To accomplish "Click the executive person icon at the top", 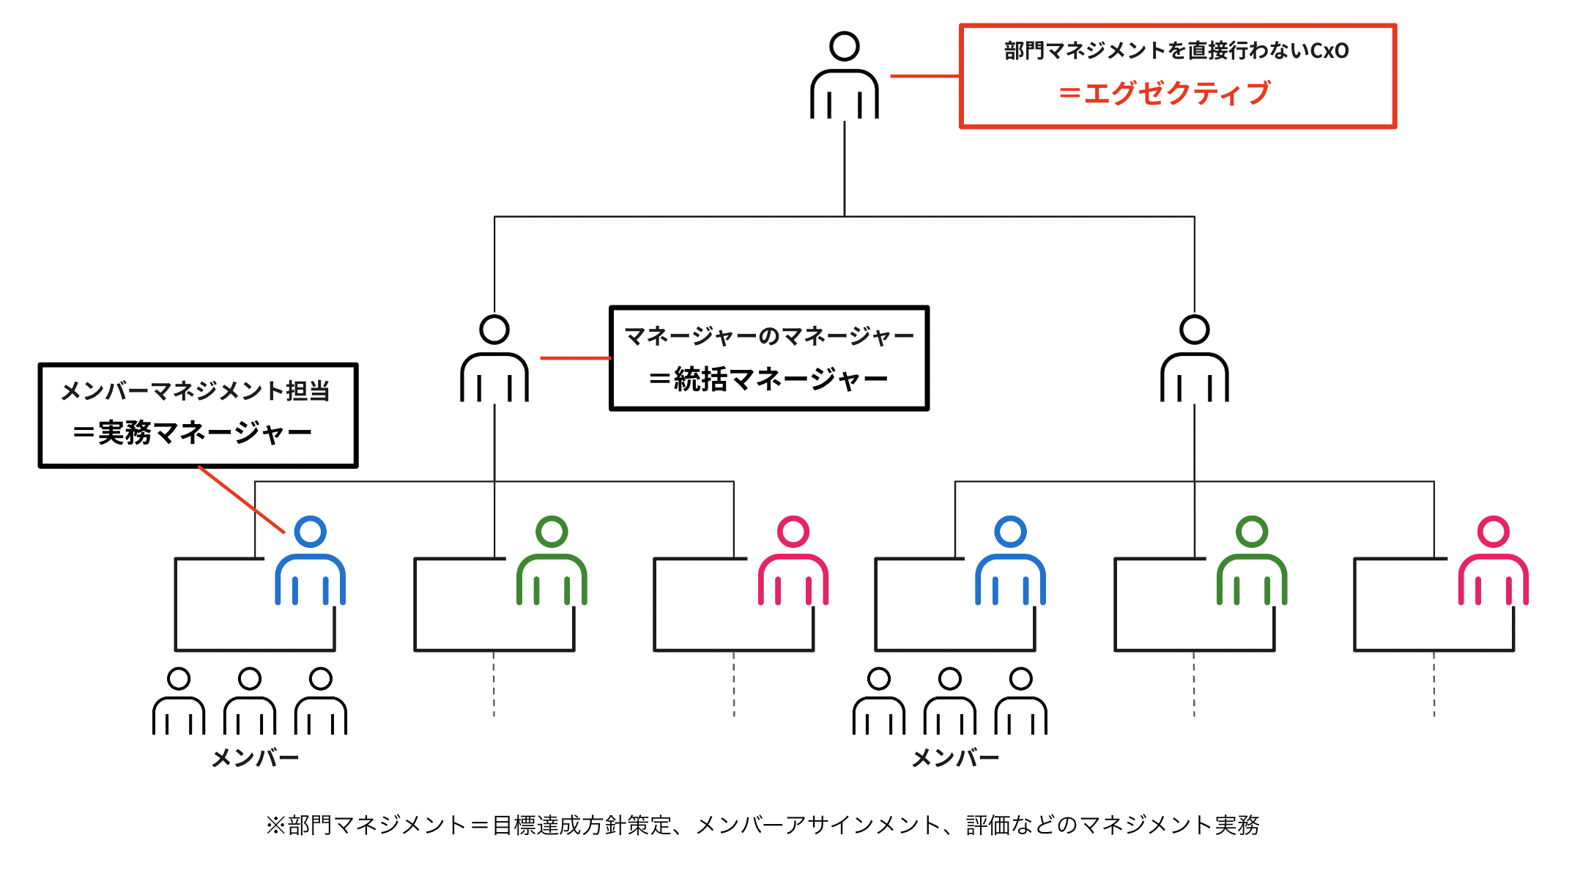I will tap(844, 77).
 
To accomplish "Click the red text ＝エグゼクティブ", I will tap(1165, 94).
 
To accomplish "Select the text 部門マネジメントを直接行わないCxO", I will tap(1176, 51).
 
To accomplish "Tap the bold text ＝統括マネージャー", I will tap(768, 379).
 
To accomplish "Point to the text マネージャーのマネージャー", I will tap(768, 336).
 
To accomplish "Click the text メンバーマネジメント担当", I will tap(196, 391).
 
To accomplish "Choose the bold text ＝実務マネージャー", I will tap(193, 433).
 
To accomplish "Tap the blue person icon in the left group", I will tap(310, 562).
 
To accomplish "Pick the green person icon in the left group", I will tap(552, 562).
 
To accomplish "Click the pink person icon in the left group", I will tap(793, 562).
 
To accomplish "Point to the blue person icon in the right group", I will tap(1010, 562).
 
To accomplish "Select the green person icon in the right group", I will tap(1252, 562).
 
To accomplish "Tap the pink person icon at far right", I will tap(1494, 562).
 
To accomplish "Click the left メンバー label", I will tap(255, 758).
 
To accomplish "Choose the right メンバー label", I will tap(955, 758).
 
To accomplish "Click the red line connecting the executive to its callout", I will tap(924, 75).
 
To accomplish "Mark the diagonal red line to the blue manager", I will tap(242, 500).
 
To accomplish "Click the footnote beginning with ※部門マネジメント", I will tap(762, 825).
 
